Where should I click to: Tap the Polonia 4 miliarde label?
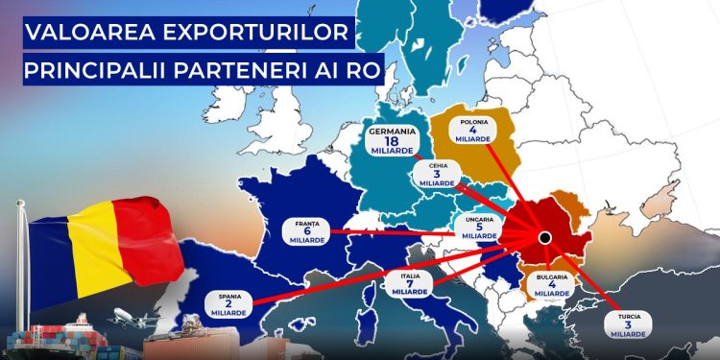click(473, 131)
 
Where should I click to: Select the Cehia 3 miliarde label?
click(437, 174)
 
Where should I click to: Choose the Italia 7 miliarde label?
click(410, 284)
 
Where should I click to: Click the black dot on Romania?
click(544, 237)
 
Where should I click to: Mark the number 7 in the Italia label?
click(410, 283)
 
